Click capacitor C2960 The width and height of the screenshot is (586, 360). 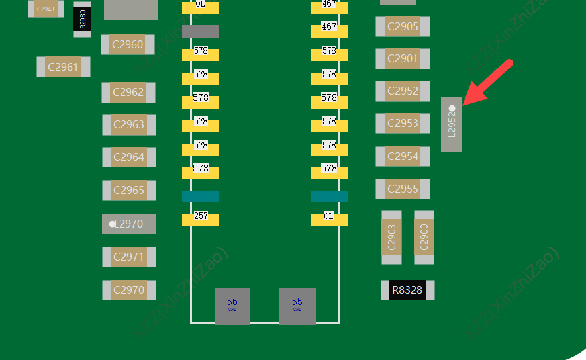[x=128, y=45]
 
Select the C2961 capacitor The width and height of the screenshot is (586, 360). [x=64, y=67]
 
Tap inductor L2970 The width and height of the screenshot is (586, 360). [x=129, y=224]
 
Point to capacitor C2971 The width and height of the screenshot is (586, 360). [x=129, y=257]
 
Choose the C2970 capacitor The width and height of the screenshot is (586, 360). [x=129, y=290]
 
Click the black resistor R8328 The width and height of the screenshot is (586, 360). [x=408, y=290]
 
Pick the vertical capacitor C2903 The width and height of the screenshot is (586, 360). [x=391, y=238]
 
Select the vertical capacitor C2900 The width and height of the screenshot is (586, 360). [x=424, y=238]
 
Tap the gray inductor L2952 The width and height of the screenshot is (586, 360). [x=452, y=124]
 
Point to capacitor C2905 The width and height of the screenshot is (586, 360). [x=403, y=26]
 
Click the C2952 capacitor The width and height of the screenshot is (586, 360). [x=403, y=91]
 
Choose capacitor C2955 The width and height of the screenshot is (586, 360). [x=403, y=189]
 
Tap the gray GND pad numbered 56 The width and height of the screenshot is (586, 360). [x=232, y=306]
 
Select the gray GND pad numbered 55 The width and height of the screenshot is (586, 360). [x=297, y=306]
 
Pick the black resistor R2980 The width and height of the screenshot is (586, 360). [x=82, y=19]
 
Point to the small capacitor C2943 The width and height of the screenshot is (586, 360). [x=46, y=9]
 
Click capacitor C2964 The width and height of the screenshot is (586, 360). [x=129, y=157]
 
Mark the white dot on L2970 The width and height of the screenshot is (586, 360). [x=112, y=224]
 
